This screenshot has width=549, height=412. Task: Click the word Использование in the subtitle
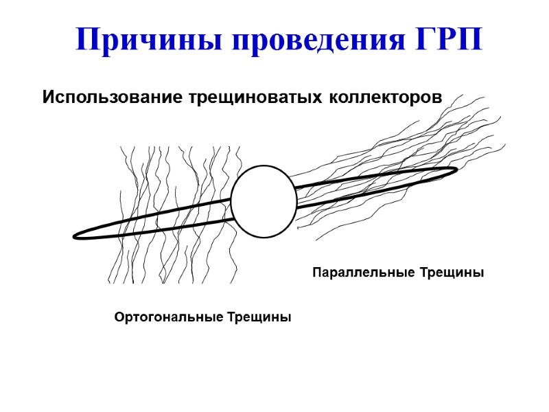point(110,97)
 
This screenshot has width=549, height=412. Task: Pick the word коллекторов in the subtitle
point(384,97)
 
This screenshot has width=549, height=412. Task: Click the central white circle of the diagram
point(264,201)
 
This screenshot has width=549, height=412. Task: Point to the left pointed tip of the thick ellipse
point(75,236)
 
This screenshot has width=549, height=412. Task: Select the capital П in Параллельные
point(317,273)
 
